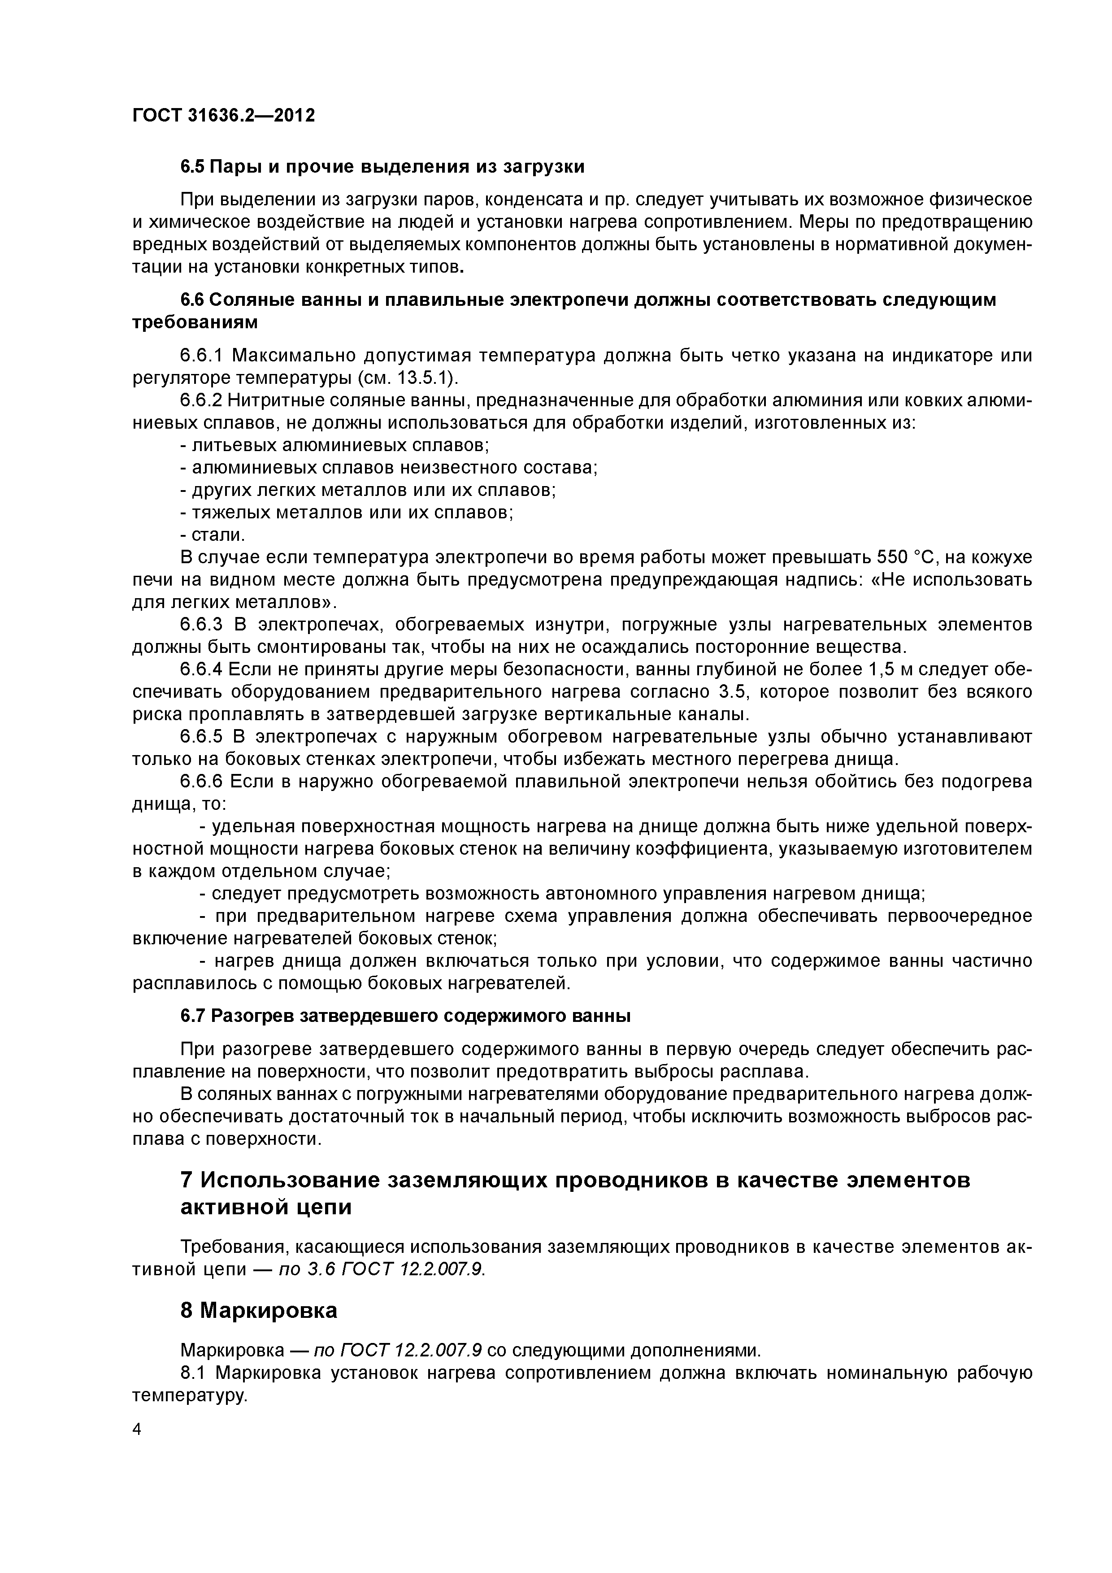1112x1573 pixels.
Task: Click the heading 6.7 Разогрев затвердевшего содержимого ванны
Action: pos(405,1016)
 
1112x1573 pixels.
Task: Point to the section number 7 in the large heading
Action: pos(187,1181)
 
